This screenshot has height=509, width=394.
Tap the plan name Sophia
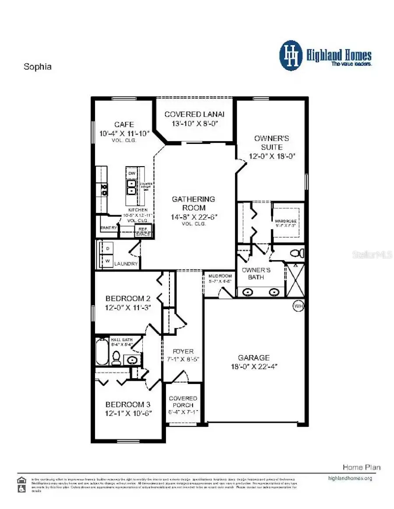[x=37, y=67]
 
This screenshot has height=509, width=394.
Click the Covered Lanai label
[x=194, y=114]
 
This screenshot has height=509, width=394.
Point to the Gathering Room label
[x=193, y=203]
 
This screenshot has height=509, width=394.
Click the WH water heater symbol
[x=299, y=306]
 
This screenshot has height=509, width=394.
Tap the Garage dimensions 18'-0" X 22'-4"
[x=254, y=366]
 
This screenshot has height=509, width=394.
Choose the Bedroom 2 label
[x=128, y=299]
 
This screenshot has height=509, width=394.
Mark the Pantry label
[x=109, y=228]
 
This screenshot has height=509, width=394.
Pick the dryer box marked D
[x=107, y=248]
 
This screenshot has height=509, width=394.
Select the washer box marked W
[x=107, y=261]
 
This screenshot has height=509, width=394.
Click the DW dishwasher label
[x=132, y=174]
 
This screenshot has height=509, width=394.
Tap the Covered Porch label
[x=183, y=401]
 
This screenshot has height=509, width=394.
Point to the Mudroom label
[x=220, y=276]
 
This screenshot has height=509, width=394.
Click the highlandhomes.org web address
[x=350, y=478]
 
